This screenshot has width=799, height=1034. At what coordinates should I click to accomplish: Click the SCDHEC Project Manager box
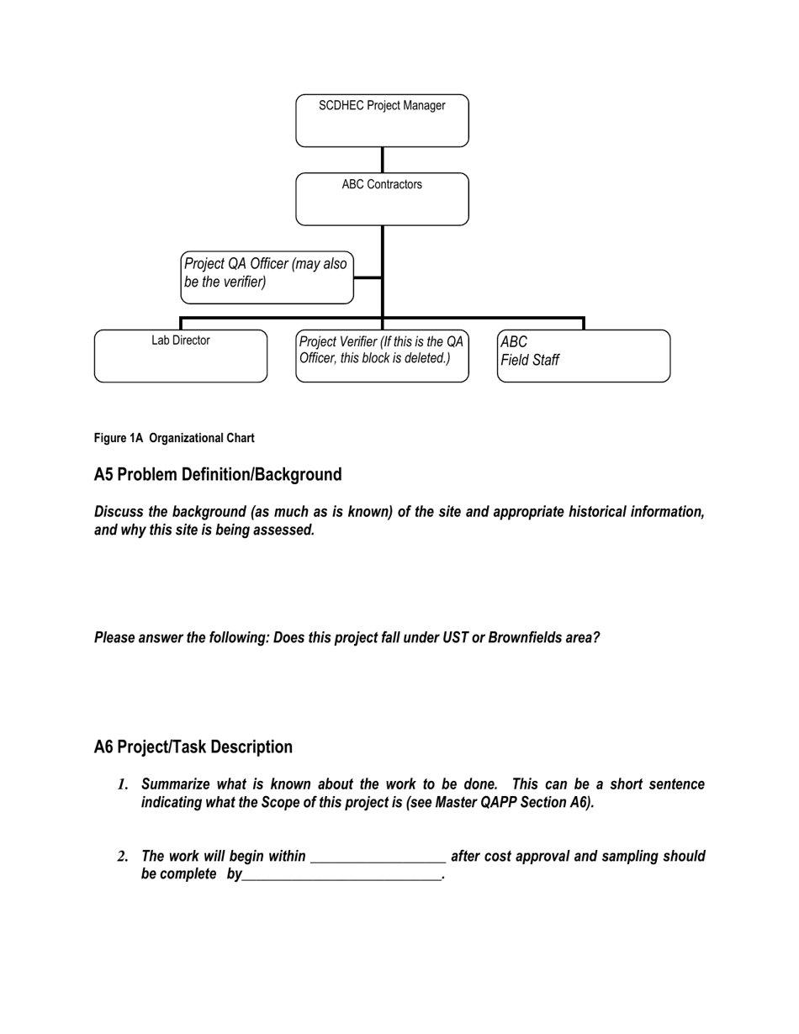(382, 120)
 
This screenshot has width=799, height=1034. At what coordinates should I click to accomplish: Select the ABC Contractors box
(382, 199)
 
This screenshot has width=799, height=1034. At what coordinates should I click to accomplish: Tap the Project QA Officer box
(267, 277)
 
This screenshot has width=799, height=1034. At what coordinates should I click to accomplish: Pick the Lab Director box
(180, 356)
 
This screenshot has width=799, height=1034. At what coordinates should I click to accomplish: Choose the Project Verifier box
(382, 356)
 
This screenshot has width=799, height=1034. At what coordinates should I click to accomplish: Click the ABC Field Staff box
(584, 356)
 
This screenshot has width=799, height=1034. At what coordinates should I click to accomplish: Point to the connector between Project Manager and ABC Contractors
(383, 160)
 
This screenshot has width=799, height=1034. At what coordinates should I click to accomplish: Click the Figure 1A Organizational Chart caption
(174, 438)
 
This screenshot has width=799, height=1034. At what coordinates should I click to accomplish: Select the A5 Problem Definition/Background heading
(218, 475)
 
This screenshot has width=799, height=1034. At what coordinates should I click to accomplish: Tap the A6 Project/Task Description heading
(193, 747)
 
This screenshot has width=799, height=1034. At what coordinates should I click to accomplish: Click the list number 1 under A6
(122, 785)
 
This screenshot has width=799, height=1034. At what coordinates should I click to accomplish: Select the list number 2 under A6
(122, 857)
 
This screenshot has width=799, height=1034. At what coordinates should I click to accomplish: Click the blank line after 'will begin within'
(378, 858)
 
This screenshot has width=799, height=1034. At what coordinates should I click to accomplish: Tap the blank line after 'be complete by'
(341, 876)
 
